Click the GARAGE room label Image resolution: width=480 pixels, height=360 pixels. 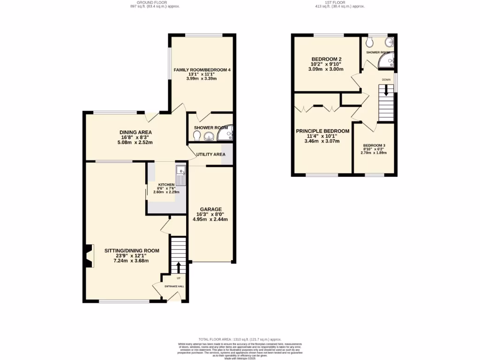pos(210,209)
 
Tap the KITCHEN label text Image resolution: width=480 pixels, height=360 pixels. pos(166,185)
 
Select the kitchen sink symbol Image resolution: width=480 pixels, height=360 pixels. pos(181,175)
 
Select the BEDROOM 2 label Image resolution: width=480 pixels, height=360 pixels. pos(327,59)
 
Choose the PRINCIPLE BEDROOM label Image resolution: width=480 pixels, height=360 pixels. pos(322,131)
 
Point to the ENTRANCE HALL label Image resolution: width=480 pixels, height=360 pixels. pos(174,286)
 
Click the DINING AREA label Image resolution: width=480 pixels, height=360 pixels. pos(135,132)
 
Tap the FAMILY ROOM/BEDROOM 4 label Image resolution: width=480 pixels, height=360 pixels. pos(202,70)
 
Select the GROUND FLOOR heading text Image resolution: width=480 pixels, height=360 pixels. pos(155,2)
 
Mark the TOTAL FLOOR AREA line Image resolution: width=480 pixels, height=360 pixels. pos(240,339)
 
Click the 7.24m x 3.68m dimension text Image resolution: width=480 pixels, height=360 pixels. pos(131,261)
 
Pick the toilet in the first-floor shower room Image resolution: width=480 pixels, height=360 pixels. pos(370,42)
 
